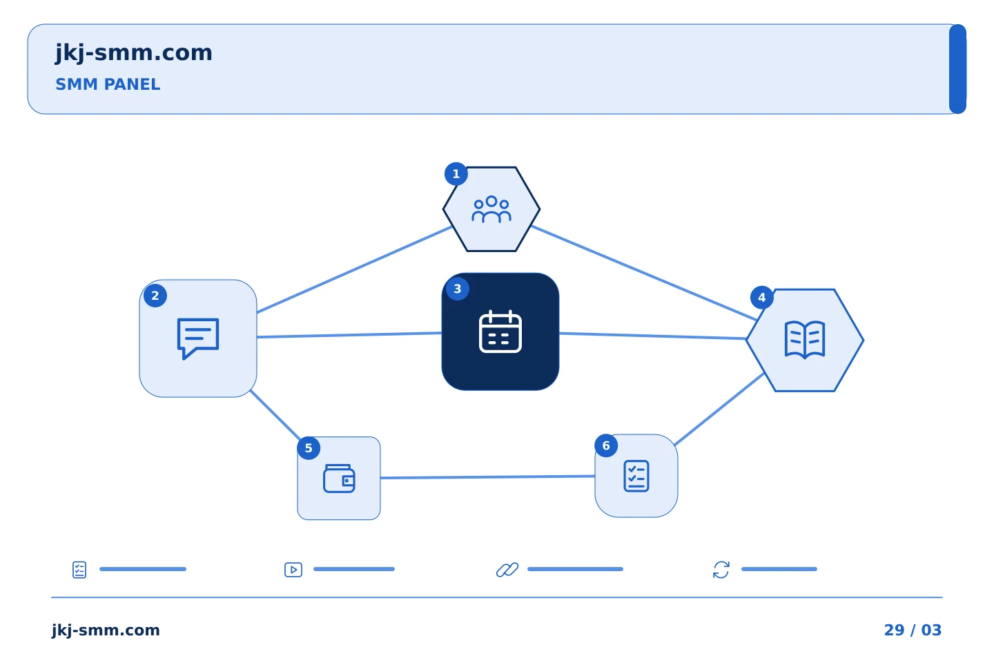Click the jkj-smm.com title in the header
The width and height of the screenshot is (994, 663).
[x=134, y=53]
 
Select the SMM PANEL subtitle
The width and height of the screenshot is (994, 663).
[x=108, y=84]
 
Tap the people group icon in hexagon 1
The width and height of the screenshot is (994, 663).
[x=491, y=209]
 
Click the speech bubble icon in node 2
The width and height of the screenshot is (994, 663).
[x=198, y=338]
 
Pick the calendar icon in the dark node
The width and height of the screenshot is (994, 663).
[x=500, y=331]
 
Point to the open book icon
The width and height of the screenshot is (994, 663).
[x=805, y=340]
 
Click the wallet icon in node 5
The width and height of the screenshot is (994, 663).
[x=339, y=479]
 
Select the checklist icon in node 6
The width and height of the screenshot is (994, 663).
[x=636, y=476]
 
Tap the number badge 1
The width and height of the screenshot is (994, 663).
[x=456, y=174]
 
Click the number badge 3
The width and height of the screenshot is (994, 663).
[x=458, y=289]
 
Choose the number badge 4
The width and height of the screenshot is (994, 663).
[x=762, y=298]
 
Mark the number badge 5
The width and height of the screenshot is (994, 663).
[x=309, y=448]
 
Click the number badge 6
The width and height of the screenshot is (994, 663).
[x=606, y=446]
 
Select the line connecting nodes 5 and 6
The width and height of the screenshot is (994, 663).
[x=487, y=477]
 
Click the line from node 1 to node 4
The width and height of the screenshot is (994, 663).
[x=644, y=273]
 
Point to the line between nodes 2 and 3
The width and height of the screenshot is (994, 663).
[x=349, y=335]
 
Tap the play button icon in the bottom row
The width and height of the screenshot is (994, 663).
[x=293, y=570]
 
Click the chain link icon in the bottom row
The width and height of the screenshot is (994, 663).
[x=507, y=570]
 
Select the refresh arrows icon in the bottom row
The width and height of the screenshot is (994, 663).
[x=721, y=570]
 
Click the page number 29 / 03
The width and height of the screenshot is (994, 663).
[x=913, y=630]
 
